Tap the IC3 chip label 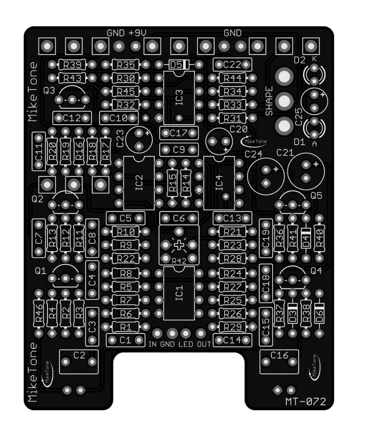click(x=179, y=98)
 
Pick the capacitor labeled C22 click(x=232, y=65)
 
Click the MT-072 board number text click(x=306, y=402)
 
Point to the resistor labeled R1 click(x=125, y=327)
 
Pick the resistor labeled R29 click(x=232, y=327)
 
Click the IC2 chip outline click(x=139, y=182)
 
